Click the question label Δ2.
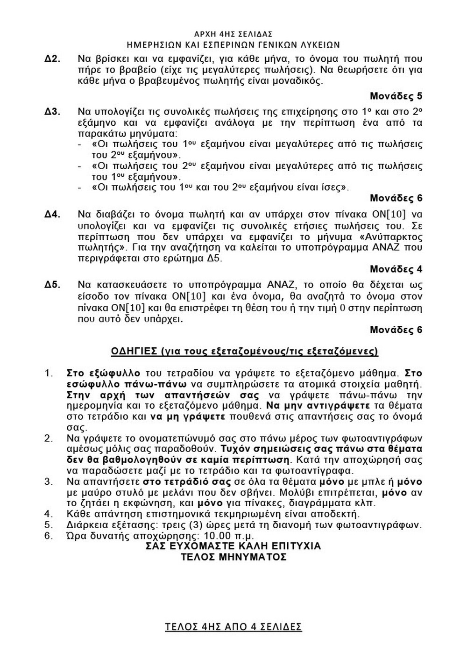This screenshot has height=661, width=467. pyautogui.click(x=53, y=59)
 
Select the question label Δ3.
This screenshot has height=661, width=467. pyautogui.click(x=53, y=112)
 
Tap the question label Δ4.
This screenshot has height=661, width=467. pyautogui.click(x=53, y=215)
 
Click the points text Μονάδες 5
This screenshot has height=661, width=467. pyautogui.click(x=396, y=96)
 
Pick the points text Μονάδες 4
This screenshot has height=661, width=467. pyautogui.click(x=396, y=269)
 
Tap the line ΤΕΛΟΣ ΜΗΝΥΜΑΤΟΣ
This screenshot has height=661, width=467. pyautogui.click(x=233, y=557)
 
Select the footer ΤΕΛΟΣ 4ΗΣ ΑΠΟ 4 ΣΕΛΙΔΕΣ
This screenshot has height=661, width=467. pyautogui.click(x=233, y=627)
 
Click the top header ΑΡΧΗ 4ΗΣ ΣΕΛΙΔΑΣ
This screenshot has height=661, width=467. pyautogui.click(x=233, y=34)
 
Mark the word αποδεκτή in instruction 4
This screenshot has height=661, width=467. pyautogui.click(x=340, y=514)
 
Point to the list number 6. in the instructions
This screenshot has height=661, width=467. pyautogui.click(x=49, y=536)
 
